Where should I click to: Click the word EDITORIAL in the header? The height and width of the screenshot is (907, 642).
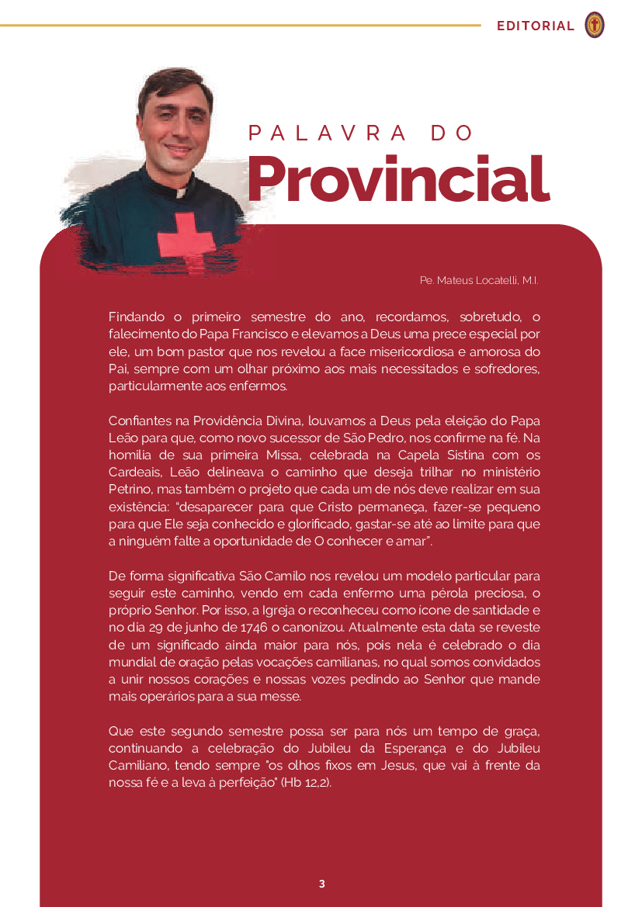[536, 26]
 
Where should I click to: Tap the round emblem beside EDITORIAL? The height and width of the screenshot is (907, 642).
[595, 26]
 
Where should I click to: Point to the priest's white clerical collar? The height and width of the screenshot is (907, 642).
[179, 192]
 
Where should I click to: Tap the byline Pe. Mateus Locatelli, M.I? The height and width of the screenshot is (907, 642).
[479, 279]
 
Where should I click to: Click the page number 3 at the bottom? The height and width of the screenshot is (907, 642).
[321, 884]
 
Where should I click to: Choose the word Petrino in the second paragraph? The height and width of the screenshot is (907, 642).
[130, 490]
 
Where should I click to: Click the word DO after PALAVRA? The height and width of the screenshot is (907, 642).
[452, 133]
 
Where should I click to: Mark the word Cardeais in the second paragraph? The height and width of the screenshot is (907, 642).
[134, 473]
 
